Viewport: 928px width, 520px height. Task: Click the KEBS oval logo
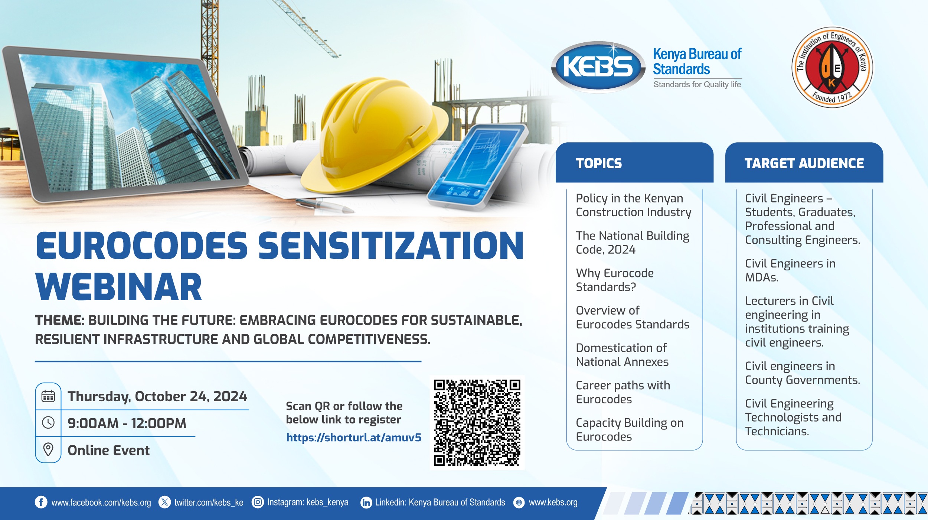click(598, 67)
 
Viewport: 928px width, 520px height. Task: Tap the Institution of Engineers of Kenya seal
click(832, 67)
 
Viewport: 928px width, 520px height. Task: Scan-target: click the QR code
click(477, 423)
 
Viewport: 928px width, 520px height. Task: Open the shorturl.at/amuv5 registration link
click(354, 438)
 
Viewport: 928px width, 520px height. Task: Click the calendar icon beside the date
click(48, 396)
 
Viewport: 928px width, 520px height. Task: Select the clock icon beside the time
click(48, 423)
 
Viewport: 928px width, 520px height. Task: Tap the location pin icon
click(48, 449)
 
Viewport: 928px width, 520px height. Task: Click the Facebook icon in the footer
click(41, 502)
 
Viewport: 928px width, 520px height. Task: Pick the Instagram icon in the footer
click(258, 502)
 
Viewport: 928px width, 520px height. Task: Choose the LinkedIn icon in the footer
click(366, 503)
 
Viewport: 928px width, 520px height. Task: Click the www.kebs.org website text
click(553, 503)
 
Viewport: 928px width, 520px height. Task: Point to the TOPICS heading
click(599, 163)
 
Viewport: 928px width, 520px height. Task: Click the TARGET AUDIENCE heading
click(804, 163)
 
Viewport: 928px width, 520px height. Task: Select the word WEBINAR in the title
click(119, 287)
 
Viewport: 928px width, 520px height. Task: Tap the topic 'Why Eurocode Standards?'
click(615, 280)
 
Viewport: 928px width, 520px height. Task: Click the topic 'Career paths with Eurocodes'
click(623, 392)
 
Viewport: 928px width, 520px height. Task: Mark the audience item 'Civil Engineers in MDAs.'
click(790, 270)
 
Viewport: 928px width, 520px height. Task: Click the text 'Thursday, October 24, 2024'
click(157, 397)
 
